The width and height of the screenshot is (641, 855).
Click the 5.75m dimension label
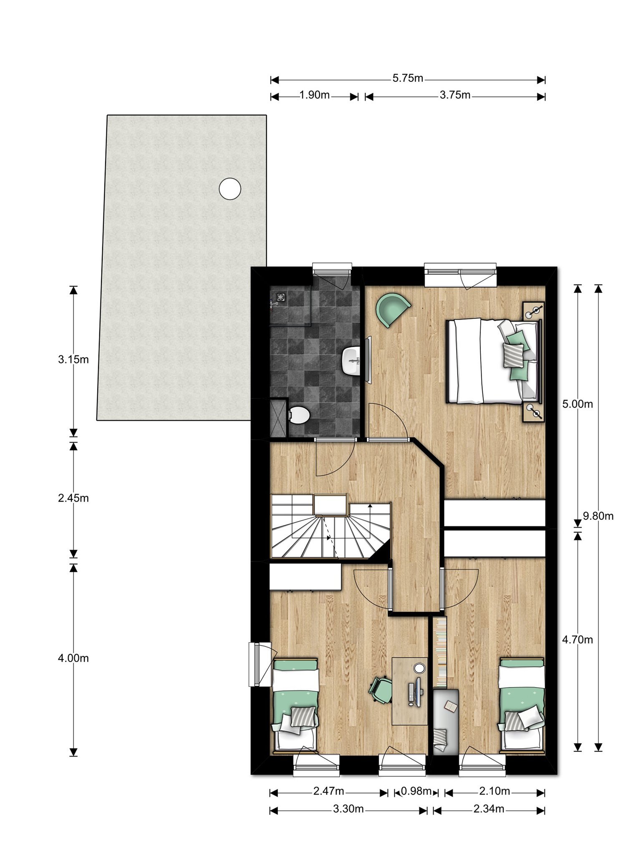click(408, 78)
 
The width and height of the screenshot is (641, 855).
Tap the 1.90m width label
click(314, 95)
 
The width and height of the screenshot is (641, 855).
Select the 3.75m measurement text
click(455, 95)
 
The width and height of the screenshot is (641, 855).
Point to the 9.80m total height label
click(598, 516)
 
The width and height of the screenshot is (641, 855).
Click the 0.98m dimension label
click(416, 791)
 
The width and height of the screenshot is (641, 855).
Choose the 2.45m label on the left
click(73, 498)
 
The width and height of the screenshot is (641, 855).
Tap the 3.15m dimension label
click(73, 359)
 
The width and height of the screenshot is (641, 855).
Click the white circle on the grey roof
click(230, 188)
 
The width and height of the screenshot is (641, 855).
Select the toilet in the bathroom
click(299, 415)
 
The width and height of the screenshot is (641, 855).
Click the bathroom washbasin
click(351, 360)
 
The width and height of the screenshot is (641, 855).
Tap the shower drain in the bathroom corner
click(280, 297)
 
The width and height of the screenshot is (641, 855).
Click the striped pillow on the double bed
click(513, 354)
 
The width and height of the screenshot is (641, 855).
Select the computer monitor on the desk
click(419, 692)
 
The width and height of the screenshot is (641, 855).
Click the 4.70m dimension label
click(578, 640)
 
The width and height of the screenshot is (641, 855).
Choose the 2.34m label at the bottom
click(489, 809)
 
